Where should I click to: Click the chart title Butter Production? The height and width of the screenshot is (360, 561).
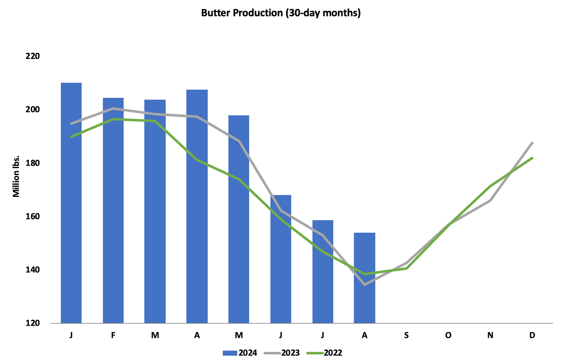[280, 13]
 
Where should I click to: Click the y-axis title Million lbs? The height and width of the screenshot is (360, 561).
[16, 176]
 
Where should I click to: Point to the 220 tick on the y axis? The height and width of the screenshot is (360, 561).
[33, 56]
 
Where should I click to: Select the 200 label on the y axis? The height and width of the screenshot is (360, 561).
[33, 109]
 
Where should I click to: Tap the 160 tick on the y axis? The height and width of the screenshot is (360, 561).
[33, 216]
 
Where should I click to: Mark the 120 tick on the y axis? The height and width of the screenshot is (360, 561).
[33, 323]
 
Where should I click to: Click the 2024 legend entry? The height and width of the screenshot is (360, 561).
[240, 353]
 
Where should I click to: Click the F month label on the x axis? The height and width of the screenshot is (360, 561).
[113, 335]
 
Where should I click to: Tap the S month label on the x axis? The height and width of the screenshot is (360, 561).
[406, 335]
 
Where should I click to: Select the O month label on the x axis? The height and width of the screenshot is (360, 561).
[448, 335]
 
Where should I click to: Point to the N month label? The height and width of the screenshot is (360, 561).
[490, 335]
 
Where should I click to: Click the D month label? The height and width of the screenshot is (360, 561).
[532, 335]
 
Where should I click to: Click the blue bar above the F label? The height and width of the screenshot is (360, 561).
[113, 210]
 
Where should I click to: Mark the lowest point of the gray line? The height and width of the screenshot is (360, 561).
[365, 285]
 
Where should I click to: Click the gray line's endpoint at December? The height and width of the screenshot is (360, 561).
[532, 143]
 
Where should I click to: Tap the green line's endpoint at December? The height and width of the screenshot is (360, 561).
[532, 158]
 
